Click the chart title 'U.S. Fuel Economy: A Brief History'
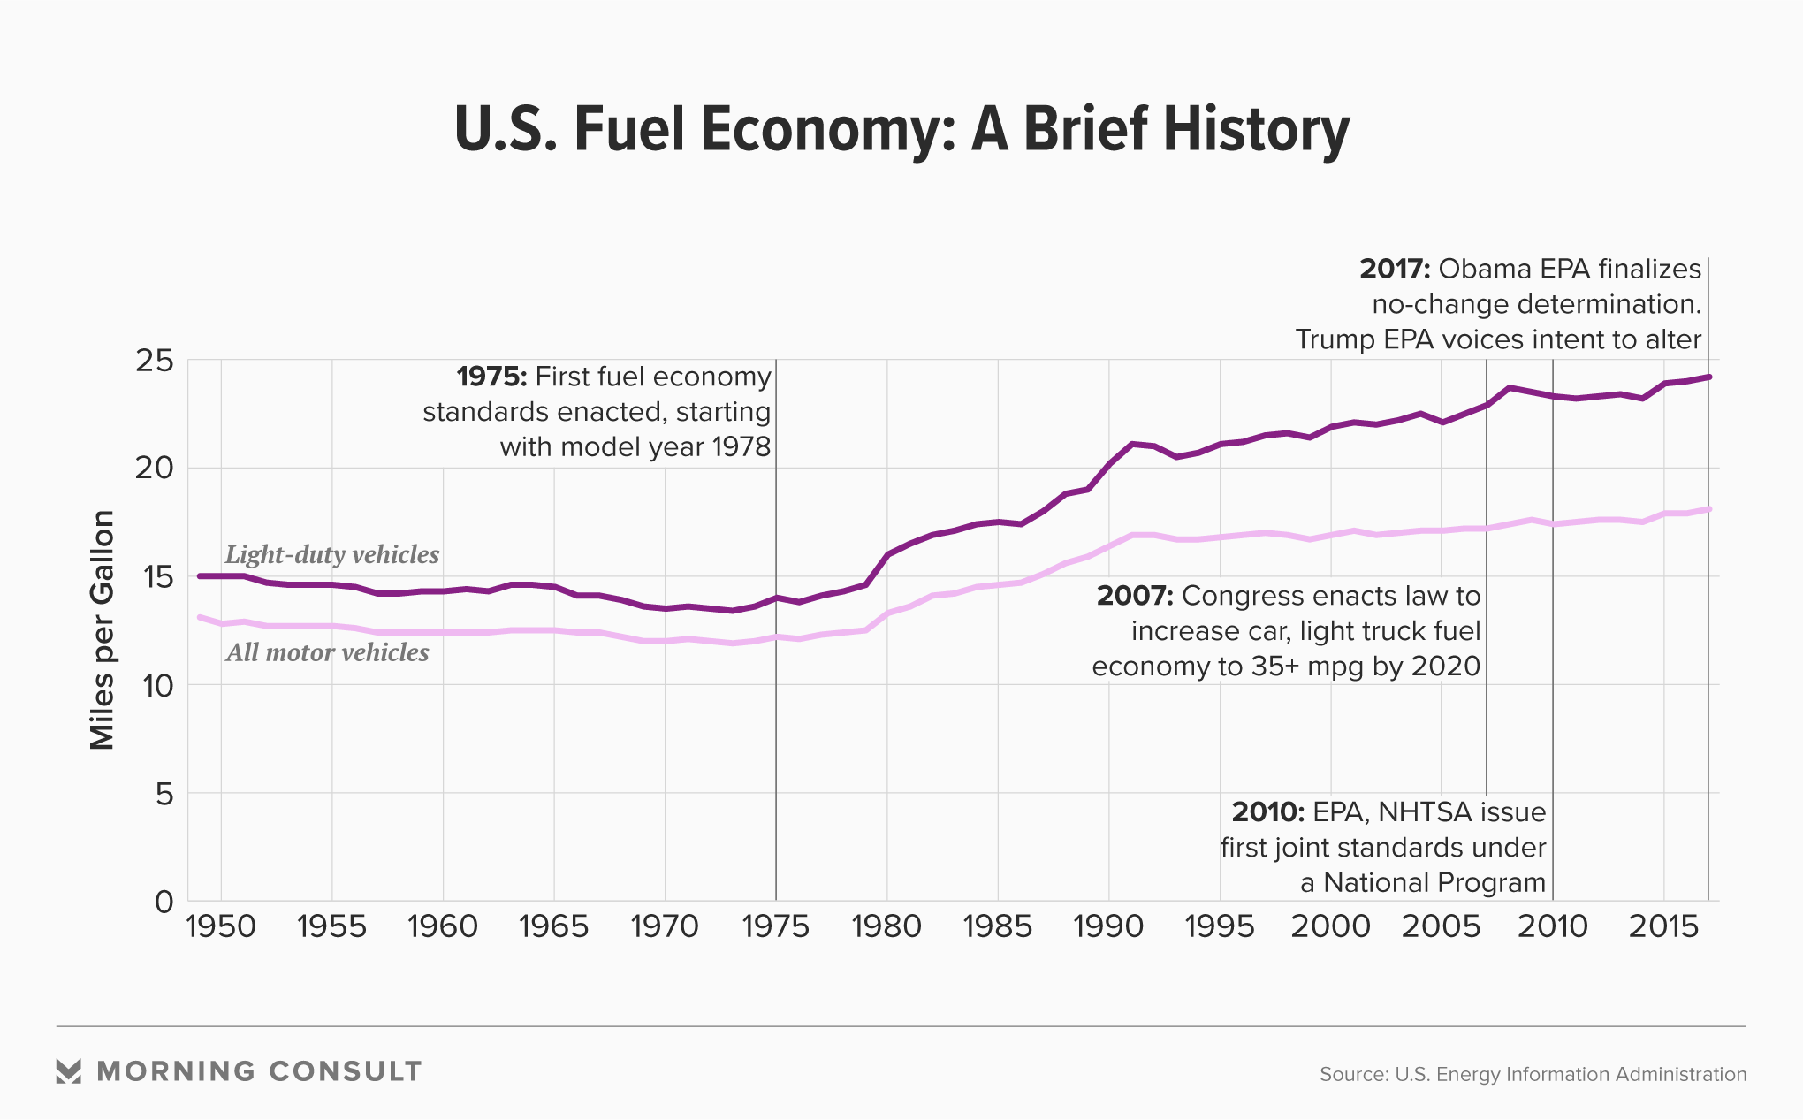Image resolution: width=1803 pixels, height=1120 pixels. click(901, 129)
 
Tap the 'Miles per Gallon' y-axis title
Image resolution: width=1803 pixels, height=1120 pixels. click(103, 630)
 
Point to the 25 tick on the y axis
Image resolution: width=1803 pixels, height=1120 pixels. click(155, 361)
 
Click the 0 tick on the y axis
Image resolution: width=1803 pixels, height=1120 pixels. click(164, 902)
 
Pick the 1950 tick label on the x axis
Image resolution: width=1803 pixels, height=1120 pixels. click(221, 926)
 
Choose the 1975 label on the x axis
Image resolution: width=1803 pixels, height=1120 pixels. click(776, 926)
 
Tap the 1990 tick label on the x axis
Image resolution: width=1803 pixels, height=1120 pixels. click(1108, 926)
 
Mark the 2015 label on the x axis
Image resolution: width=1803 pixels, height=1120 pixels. click(1663, 926)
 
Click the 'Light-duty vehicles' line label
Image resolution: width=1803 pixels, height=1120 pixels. click(332, 554)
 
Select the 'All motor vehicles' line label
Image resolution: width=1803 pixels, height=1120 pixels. click(327, 652)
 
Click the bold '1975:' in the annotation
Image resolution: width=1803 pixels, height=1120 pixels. click(491, 377)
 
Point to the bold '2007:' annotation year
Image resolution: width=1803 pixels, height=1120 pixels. click(1135, 596)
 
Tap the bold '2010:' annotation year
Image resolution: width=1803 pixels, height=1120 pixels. click(1267, 811)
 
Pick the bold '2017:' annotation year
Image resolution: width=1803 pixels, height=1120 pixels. click(1395, 269)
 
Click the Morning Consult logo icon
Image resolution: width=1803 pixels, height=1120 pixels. click(68, 1071)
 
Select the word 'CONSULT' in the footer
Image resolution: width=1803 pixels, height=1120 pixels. click(346, 1071)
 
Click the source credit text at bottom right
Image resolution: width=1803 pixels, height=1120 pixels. click(1533, 1074)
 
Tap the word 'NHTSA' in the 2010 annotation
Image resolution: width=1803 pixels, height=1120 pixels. click(1426, 811)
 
